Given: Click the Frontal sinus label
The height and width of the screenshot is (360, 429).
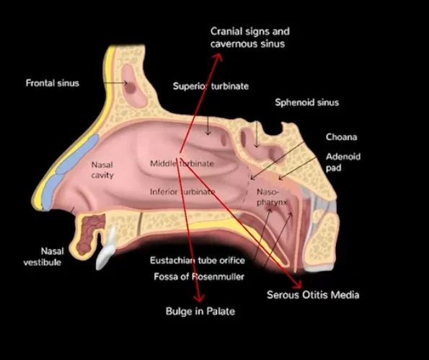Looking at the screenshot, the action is point(52,83).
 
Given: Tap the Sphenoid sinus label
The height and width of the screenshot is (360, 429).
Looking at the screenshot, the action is point(306,102).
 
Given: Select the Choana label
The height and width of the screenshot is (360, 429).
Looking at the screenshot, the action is point(341,137).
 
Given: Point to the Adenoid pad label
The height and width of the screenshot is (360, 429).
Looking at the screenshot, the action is point(343,162).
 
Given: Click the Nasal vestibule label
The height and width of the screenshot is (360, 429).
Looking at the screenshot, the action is point(43,257).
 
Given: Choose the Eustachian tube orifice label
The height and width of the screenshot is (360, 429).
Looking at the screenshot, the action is point(198,260).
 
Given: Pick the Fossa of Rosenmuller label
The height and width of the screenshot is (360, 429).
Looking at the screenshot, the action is point(199,276).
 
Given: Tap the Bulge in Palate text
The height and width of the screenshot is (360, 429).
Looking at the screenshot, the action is point(200,311).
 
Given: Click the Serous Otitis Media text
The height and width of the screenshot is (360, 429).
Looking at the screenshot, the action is point(313,295).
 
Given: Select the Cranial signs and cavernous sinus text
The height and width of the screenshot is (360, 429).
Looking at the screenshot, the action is point(250,38).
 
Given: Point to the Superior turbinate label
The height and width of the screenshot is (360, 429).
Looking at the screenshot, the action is point(211,87).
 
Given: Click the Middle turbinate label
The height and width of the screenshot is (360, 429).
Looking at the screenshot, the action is point(182,164).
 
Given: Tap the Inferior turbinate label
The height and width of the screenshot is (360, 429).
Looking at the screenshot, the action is point(182,192).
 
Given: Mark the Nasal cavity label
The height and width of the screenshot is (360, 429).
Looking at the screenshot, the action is point(102,170).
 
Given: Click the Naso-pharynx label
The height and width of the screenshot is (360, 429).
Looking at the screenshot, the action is point(271,197).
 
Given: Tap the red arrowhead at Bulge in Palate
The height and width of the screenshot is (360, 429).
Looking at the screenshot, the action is point(199,298).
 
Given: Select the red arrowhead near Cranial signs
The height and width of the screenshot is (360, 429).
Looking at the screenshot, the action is point(218,57).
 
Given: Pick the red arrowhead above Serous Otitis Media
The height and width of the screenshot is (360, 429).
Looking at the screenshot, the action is point(297,285).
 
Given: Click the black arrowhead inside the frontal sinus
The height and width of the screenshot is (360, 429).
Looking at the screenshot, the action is point(125,83).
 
